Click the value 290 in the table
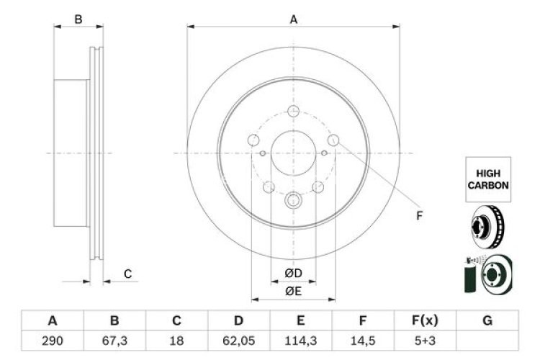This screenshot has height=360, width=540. tap(53, 338)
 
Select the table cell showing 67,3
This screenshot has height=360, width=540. tap(114, 338)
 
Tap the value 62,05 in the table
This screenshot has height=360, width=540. tap(238, 338)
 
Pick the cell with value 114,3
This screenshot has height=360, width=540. tap(301, 338)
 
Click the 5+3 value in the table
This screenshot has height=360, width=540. tap(426, 338)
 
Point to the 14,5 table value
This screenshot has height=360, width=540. tap(364, 338)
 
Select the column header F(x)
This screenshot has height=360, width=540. tap(426, 320)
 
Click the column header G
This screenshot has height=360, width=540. tap(487, 320)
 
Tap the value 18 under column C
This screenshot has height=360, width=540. tap(176, 338)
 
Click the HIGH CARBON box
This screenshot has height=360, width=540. tap(489, 179)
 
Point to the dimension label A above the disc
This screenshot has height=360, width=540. tap(293, 19)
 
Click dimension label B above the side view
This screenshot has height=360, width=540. tap(78, 19)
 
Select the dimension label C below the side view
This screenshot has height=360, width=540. tap(127, 274)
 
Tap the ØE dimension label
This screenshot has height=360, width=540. tap(292, 290)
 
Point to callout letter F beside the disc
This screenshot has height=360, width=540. tap(420, 215)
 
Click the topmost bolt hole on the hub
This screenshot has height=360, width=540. tap(293, 111)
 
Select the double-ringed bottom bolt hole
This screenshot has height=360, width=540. tap(293, 201)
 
